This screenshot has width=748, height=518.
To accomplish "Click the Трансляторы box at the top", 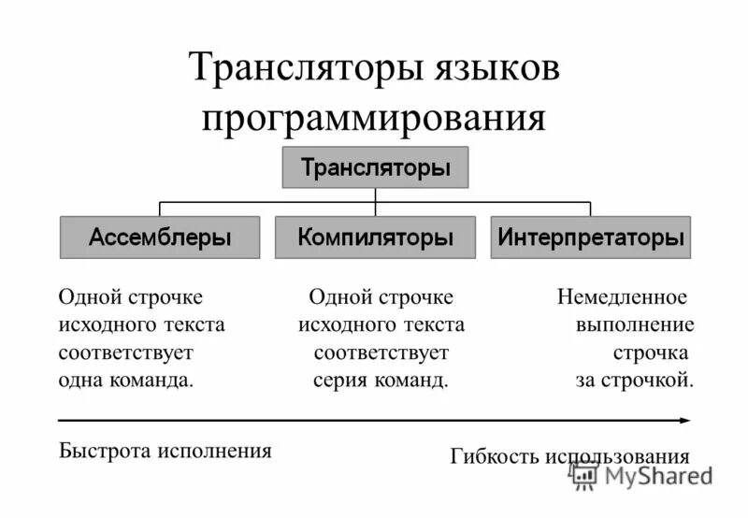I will click(375, 167).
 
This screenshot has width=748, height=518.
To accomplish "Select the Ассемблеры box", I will click(160, 237).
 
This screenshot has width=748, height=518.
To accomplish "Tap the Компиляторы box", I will click(375, 237).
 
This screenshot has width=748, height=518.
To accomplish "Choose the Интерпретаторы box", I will click(591, 237).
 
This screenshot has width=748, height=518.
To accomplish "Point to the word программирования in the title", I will click(374, 118).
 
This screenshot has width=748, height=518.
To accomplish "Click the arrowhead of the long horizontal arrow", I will click(685, 421).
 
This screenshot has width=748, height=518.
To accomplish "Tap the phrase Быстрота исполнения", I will click(165, 450).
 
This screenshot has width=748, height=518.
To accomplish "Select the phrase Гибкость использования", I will click(569, 456).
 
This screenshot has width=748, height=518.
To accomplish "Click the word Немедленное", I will click(622, 297).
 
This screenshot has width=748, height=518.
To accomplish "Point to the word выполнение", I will click(635, 325).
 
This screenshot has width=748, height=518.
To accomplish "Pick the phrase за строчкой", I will click(634, 381).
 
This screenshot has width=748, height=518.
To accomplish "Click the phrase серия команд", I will click(381, 381).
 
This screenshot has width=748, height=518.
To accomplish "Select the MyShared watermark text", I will click(657, 475).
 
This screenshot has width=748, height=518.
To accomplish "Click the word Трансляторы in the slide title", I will click(303, 70).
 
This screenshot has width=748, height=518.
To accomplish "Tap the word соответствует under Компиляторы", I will click(381, 353).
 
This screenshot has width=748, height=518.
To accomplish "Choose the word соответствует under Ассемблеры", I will click(125, 353).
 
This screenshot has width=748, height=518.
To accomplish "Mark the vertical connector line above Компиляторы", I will click(375, 209).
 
